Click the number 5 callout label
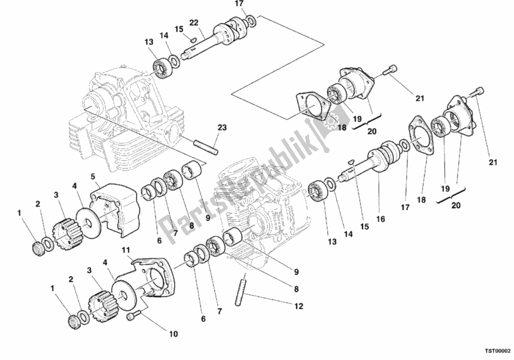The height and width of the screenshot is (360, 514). tap(93, 177)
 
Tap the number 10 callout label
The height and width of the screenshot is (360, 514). tap(173, 334)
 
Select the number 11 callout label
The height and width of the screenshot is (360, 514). tap(127, 251)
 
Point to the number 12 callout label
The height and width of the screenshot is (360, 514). tap(299, 306)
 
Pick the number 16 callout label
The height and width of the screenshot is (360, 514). tap(380, 219)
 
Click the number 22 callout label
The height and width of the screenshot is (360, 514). tap(194, 22)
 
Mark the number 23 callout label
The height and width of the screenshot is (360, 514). tap(222, 127)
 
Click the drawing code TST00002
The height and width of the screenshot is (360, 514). tap(497, 351)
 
